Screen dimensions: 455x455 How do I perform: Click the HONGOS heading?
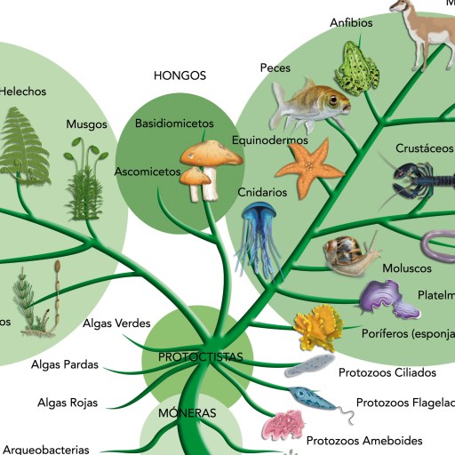pos(180,76)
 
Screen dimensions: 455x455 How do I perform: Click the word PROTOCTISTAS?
pos(201,356)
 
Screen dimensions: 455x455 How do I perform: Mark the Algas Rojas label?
pos(68,403)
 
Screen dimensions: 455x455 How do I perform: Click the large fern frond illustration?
pos(24,142)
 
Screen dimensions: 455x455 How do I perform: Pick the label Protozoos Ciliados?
pos(386,371)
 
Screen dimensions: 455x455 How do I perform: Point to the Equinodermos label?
pos(269,140)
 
